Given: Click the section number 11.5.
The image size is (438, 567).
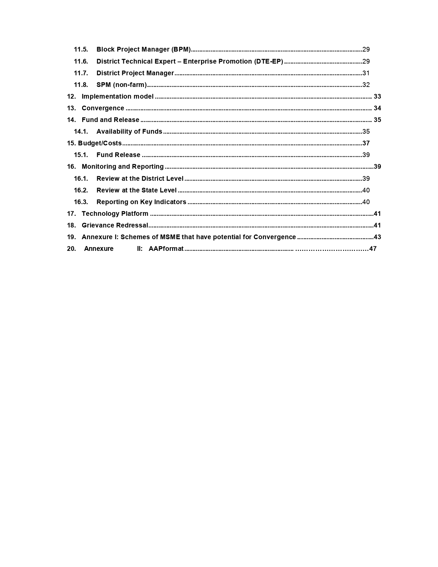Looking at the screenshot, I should [81, 49].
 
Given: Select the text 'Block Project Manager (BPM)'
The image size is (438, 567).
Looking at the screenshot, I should [143, 49].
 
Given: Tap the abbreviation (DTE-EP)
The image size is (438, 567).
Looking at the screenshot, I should [269, 62].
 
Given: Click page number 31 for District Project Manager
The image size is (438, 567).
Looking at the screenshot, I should [366, 73].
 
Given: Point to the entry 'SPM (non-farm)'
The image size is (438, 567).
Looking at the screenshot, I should [122, 85].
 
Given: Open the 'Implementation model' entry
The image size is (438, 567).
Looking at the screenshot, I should [117, 97].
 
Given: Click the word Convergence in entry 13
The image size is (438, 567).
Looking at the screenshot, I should [103, 108].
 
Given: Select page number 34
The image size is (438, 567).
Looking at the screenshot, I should [377, 108].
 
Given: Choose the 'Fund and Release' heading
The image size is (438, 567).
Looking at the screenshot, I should [110, 120].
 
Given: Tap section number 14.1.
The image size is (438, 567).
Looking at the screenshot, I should [81, 132].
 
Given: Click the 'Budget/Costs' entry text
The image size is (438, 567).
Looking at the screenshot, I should [100, 143].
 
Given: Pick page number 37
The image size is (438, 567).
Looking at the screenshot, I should [366, 143].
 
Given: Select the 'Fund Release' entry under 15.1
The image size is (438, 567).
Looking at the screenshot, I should [118, 155].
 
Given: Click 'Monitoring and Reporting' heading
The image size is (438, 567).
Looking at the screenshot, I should [123, 167].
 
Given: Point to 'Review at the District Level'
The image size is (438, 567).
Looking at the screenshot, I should [140, 179].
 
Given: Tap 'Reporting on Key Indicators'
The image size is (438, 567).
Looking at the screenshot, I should [141, 202].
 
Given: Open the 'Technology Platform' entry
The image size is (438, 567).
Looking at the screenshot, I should [115, 214].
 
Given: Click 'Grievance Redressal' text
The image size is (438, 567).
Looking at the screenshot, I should [115, 225].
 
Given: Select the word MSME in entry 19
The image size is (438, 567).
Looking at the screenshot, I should [170, 237].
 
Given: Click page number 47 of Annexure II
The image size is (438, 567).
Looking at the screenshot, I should [373, 249].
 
